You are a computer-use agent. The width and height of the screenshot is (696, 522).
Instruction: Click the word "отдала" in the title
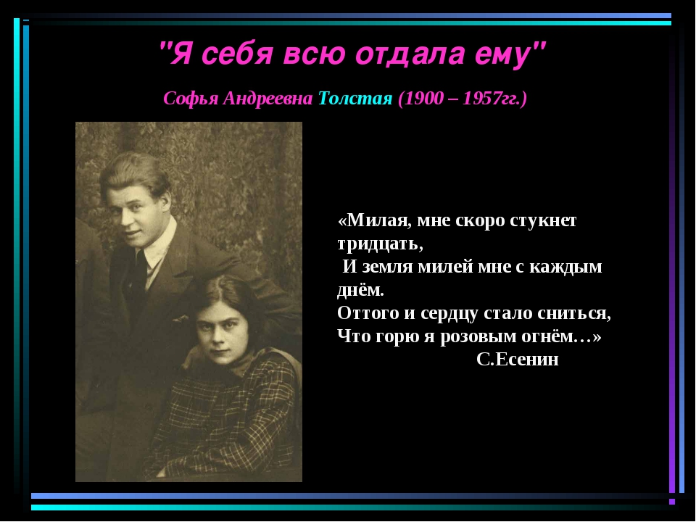[x=410, y=54]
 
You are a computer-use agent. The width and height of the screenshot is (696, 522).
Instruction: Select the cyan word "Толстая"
[x=355, y=98]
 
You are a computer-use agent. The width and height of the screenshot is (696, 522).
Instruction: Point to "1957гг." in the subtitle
[x=491, y=99]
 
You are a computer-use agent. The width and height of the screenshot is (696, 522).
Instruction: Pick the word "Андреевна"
[x=268, y=98]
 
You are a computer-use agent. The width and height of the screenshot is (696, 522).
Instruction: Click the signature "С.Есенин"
[x=518, y=359]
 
